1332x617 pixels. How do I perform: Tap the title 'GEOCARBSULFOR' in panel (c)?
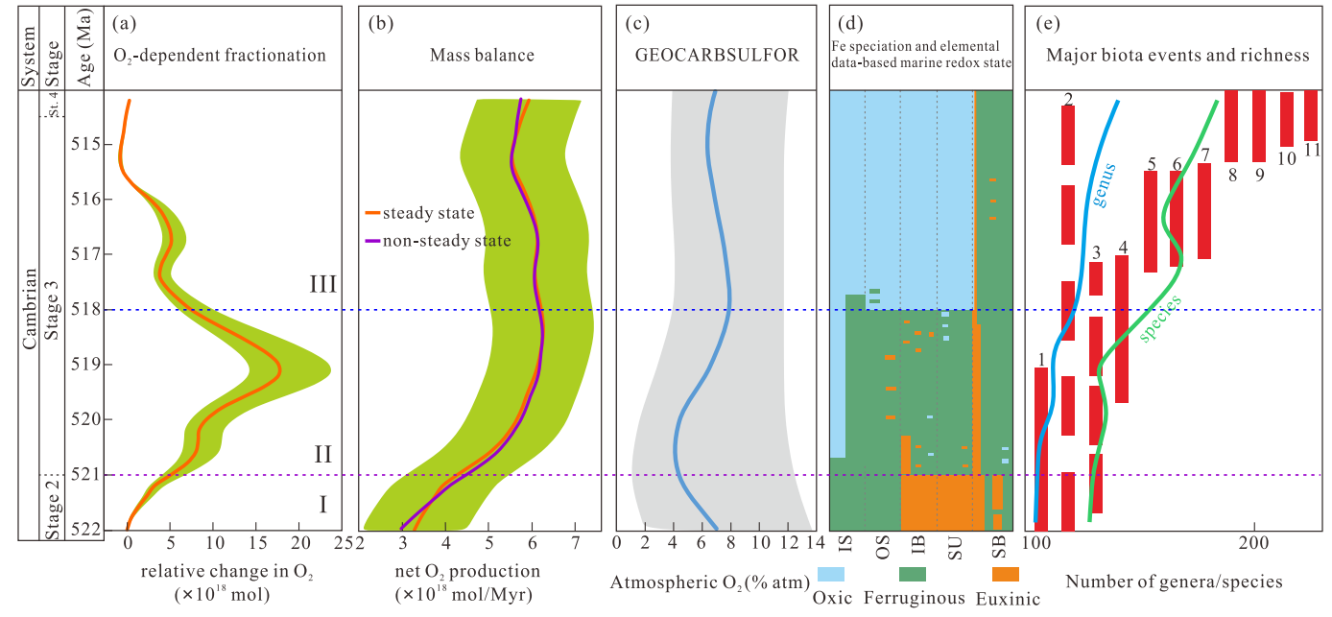[717, 55]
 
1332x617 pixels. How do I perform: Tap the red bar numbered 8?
[1231, 125]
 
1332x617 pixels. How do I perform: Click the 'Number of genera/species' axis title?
[1174, 581]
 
